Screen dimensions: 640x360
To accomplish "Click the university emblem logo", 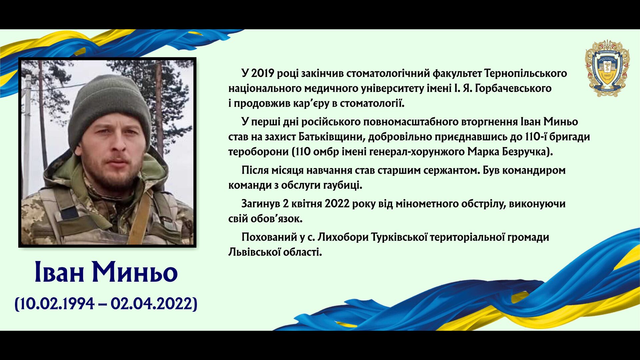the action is point(607,68).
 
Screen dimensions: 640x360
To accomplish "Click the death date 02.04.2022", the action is point(152,304).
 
